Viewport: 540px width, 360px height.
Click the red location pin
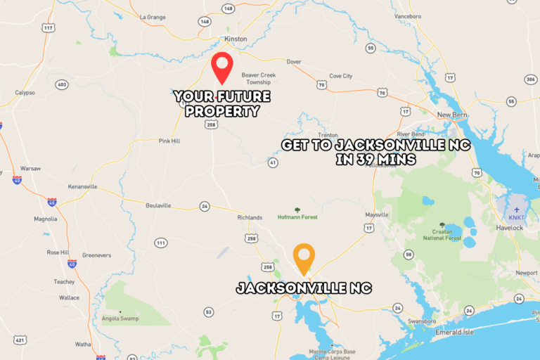222,66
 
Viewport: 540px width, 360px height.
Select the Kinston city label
236,39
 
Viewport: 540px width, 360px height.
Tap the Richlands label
250,217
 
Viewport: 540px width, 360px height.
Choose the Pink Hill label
169,141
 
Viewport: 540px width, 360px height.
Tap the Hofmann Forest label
298,217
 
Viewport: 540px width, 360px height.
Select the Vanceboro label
407,15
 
